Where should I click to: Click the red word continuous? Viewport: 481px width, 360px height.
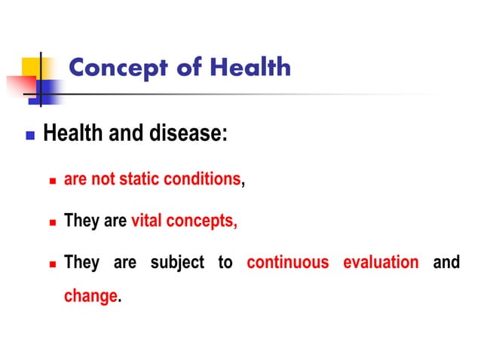(288, 263)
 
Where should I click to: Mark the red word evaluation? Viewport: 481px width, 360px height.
(381, 263)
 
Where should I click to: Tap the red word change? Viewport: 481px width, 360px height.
(90, 296)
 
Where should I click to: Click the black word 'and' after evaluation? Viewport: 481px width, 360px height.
(446, 263)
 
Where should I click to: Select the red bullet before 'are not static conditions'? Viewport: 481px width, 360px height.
(53, 182)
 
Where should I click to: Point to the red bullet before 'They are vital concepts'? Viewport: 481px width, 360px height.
(53, 223)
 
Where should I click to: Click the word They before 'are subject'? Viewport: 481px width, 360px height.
(81, 263)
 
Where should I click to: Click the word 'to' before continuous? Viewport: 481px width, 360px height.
(225, 263)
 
